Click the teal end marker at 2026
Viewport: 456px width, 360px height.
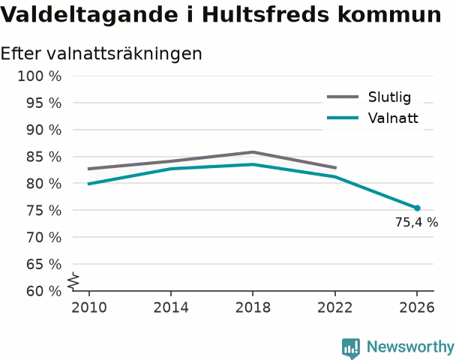point(417,208)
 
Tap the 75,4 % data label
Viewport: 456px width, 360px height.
point(416,223)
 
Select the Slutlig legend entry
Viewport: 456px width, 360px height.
point(369,97)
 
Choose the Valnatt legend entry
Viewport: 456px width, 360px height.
point(373,118)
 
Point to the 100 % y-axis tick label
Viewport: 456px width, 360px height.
point(40,76)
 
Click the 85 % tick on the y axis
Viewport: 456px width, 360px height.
point(44,157)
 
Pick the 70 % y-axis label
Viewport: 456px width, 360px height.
point(44,237)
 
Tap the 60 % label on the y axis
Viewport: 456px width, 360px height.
point(44,291)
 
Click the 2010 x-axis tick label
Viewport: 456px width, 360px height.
point(89,307)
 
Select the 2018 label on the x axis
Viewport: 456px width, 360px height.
point(253,307)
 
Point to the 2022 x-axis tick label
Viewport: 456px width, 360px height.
point(334,307)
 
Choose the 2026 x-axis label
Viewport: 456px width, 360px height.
point(417,307)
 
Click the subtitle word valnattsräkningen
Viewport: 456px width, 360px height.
point(124,54)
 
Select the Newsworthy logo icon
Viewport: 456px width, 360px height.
point(351,348)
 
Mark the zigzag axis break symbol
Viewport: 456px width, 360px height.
point(73,281)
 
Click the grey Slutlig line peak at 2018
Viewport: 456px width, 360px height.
point(253,151)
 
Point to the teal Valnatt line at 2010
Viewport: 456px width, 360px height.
point(88,184)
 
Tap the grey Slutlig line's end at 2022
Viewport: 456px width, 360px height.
point(335,168)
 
